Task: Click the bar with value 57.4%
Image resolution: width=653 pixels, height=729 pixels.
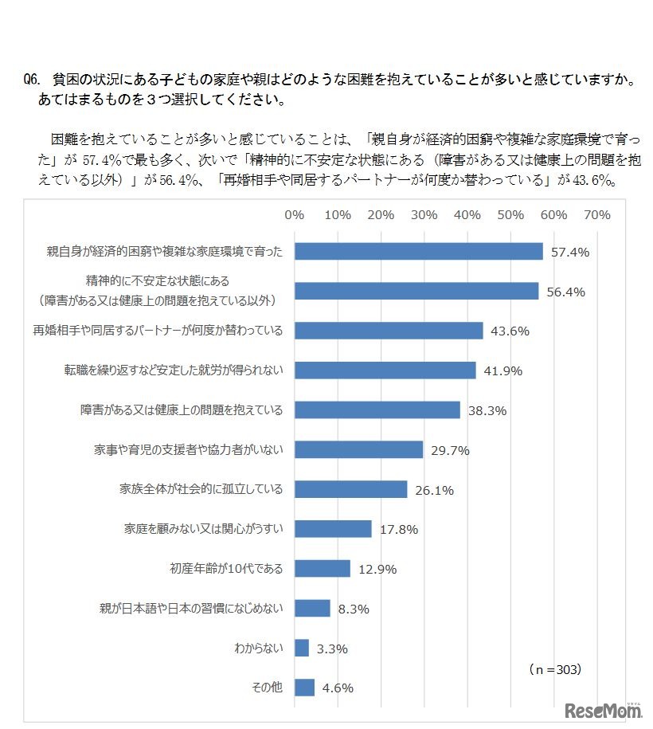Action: [418, 251]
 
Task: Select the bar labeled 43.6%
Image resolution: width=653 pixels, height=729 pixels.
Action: [389, 331]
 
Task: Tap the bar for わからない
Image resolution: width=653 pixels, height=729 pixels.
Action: [302, 648]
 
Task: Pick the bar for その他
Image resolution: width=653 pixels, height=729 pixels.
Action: [304, 688]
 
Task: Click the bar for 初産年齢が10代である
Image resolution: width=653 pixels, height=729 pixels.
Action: [323, 569]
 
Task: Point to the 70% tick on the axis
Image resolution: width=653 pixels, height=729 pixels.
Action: [596, 215]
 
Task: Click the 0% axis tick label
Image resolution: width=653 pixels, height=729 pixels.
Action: [295, 215]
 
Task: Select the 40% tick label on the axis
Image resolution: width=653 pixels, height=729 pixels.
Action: [467, 215]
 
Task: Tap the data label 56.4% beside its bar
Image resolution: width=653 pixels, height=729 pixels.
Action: [565, 292]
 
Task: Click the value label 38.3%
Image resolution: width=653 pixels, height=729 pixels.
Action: [487, 410]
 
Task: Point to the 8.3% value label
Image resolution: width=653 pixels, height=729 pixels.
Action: [354, 609]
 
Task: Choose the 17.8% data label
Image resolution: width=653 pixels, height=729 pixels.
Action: [399, 530]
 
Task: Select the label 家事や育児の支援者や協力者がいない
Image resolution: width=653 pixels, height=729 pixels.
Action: [188, 449]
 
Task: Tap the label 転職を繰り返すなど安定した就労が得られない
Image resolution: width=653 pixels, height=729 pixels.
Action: [174, 370]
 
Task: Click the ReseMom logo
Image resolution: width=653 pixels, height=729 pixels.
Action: [603, 711]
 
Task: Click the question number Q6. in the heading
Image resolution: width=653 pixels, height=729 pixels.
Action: [33, 80]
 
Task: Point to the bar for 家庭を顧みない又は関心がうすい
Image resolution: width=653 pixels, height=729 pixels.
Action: [333, 529]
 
